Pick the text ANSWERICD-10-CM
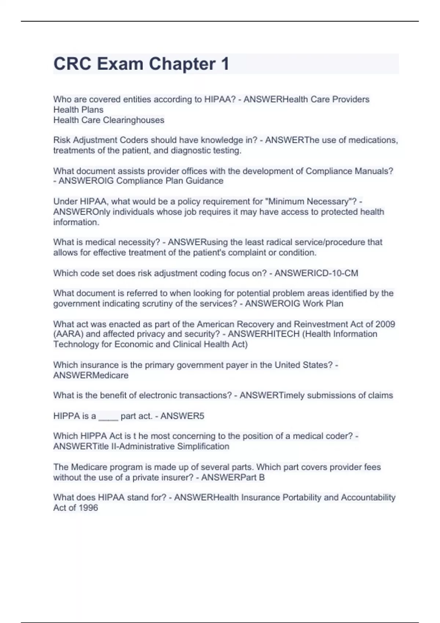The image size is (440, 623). [x=316, y=273]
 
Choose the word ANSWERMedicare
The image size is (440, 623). [x=91, y=375]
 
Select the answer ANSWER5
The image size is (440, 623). [x=182, y=416]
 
